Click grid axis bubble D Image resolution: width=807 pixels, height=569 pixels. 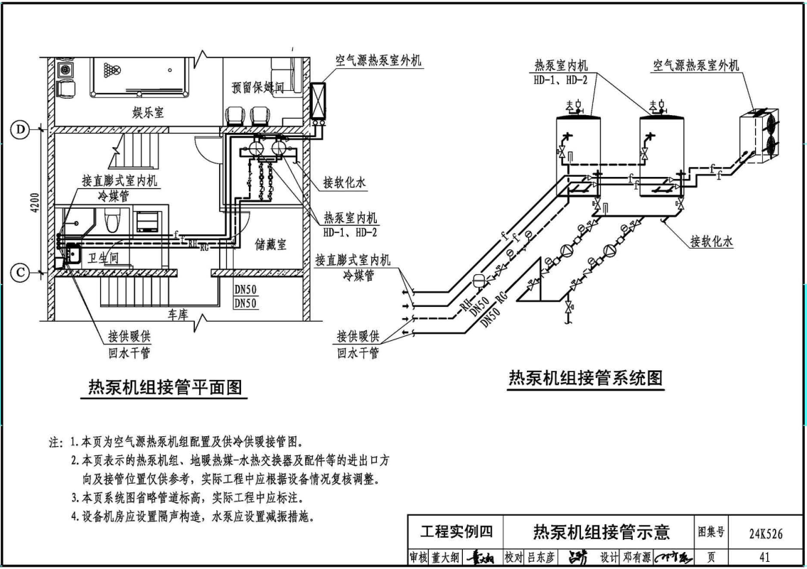pos(20,130)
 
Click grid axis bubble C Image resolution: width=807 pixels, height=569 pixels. pos(20,272)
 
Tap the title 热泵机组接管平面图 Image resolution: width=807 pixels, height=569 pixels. pos(165,387)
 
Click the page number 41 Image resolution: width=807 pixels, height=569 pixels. pos(764,558)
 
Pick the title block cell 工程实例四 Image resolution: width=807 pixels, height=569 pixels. pos(456,532)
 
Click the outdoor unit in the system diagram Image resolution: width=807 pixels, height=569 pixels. pos(759,134)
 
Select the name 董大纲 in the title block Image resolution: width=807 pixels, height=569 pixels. pos(441,558)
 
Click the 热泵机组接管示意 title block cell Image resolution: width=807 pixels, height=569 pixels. pos(602,532)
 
